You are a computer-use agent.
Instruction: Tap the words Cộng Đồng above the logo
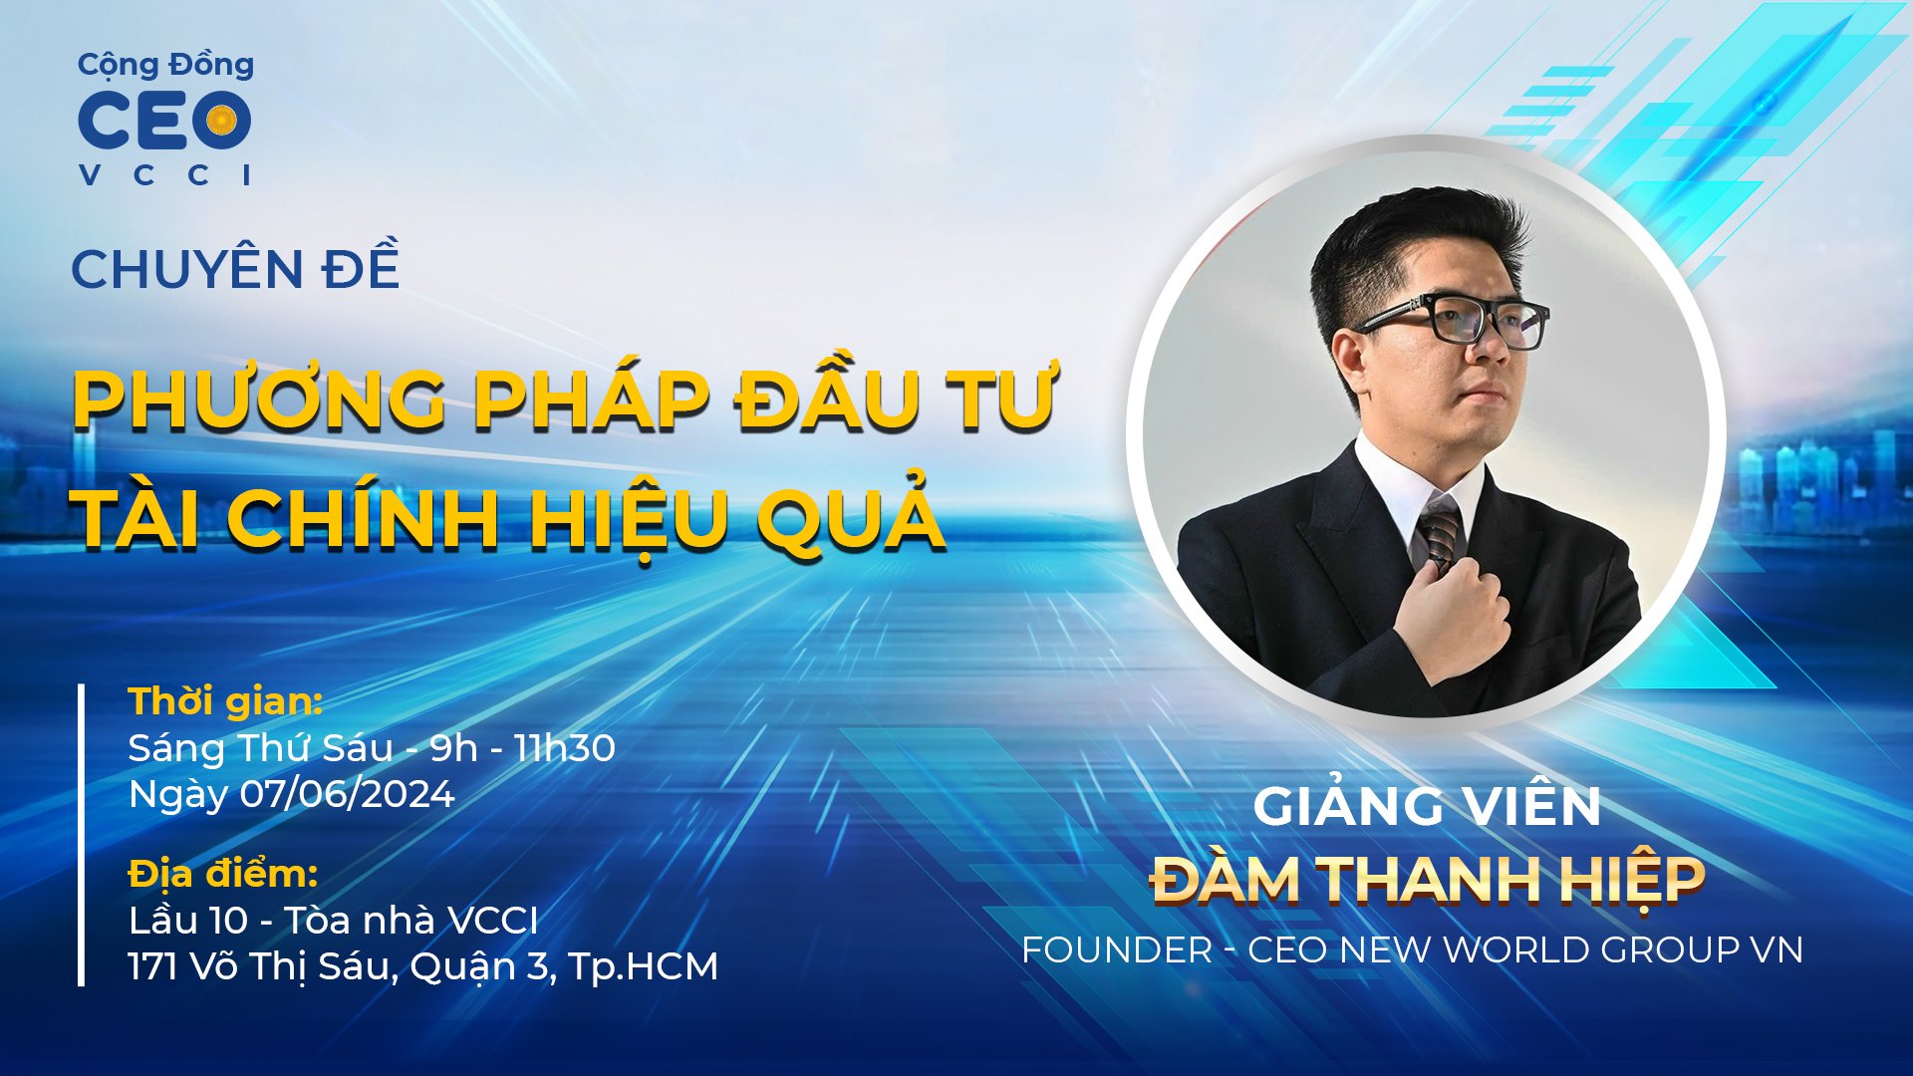pyautogui.click(x=165, y=65)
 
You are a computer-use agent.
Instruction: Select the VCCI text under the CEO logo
pyautogui.click(x=164, y=174)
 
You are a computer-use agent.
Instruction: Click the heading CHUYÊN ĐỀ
pyautogui.click(x=235, y=269)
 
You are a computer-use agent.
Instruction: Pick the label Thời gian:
pyautogui.click(x=225, y=701)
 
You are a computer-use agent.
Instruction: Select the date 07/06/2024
pyautogui.click(x=347, y=794)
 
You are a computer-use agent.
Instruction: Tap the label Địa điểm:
pyautogui.click(x=223, y=874)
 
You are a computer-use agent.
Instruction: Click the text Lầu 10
pyautogui.click(x=187, y=921)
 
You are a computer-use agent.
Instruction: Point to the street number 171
pyautogui.click(x=151, y=966)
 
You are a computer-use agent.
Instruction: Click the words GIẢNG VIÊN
pyautogui.click(x=1426, y=806)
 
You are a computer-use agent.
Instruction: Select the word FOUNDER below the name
pyautogui.click(x=1116, y=950)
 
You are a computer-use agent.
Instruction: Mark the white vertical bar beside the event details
pyautogui.click(x=81, y=834)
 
